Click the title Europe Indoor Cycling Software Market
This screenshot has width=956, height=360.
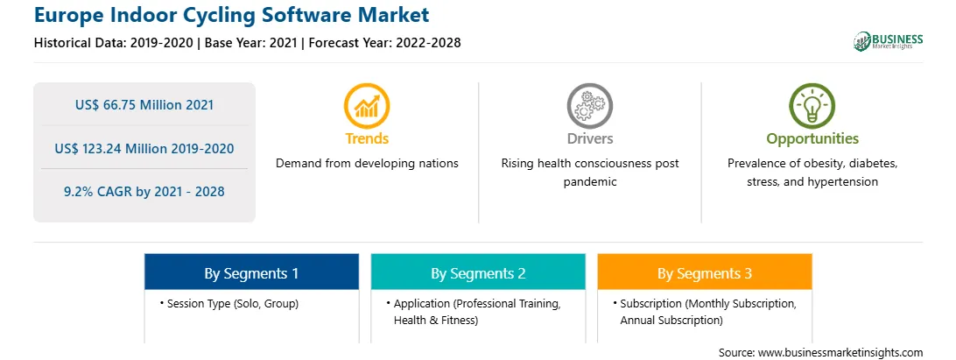pyautogui.click(x=232, y=15)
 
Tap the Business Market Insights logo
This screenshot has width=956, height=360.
pyautogui.click(x=889, y=41)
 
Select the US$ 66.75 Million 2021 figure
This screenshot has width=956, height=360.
pyautogui.click(x=144, y=105)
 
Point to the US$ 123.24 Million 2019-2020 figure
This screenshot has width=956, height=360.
pyautogui.click(x=144, y=148)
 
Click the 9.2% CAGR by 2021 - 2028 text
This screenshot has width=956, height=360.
pyautogui.click(x=144, y=192)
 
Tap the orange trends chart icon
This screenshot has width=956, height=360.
pyautogui.click(x=367, y=106)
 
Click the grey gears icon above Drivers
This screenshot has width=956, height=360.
pyautogui.click(x=589, y=106)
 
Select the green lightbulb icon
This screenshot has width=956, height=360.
pyautogui.click(x=812, y=106)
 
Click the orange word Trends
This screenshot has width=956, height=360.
pyautogui.click(x=367, y=138)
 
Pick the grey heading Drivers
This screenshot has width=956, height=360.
pyautogui.click(x=589, y=138)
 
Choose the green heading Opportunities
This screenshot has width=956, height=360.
pyautogui.click(x=812, y=139)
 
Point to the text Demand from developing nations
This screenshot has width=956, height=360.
pyautogui.click(x=367, y=164)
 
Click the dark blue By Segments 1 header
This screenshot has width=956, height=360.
pyautogui.click(x=251, y=272)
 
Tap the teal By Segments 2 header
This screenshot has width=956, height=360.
pyautogui.click(x=478, y=272)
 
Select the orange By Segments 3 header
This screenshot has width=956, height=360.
pyautogui.click(x=705, y=272)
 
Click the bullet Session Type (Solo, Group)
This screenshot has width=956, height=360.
pyautogui.click(x=229, y=304)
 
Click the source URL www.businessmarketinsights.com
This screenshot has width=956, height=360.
pyautogui.click(x=840, y=353)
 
